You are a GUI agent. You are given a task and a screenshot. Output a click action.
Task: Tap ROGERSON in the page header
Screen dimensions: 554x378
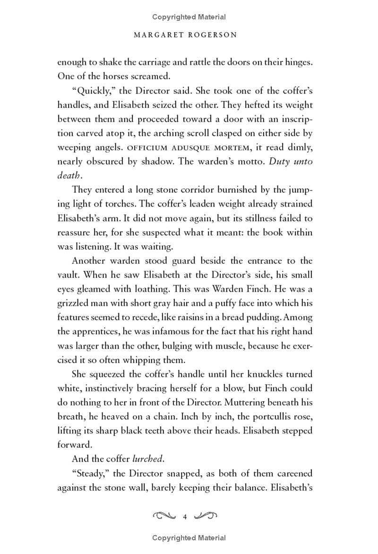tap(212, 35)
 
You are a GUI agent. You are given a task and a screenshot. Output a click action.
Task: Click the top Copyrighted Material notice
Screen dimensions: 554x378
tap(189, 17)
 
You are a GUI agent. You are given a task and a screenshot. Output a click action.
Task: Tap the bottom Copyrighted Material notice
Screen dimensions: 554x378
tap(189, 537)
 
